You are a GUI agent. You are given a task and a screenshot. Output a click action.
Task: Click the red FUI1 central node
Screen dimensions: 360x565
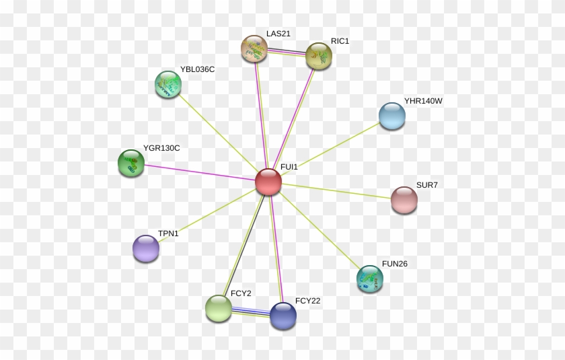tap(268, 182)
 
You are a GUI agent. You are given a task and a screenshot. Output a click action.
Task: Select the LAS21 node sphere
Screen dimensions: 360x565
tap(254, 48)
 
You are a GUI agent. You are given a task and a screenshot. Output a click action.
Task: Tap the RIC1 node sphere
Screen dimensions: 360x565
tap(319, 56)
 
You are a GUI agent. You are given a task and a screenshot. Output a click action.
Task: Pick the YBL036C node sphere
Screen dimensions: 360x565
tap(167, 84)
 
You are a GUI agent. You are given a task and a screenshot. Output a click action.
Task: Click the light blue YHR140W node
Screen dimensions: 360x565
tap(391, 116)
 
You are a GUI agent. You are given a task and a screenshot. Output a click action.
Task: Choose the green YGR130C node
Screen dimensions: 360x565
tap(131, 163)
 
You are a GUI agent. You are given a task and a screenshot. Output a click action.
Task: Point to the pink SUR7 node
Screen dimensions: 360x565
tap(404, 200)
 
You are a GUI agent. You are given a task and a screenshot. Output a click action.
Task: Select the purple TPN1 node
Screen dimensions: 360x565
tap(145, 248)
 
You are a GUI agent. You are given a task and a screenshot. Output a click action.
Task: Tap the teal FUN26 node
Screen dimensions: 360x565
tap(369, 279)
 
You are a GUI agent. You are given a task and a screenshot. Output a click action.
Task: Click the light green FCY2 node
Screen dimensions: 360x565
tap(218, 308)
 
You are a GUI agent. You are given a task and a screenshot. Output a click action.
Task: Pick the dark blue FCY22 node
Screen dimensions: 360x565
tap(282, 316)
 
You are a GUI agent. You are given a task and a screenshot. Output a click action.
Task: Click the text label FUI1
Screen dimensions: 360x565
tap(289, 166)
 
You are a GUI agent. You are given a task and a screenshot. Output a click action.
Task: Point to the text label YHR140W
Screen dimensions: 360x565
tap(423, 101)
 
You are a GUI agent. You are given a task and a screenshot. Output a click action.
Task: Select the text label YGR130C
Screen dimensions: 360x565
tap(161, 148)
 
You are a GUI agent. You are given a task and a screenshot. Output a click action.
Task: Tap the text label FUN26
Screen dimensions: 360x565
tap(394, 264)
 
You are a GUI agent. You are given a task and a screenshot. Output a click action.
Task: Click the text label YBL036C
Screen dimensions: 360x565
tap(197, 69)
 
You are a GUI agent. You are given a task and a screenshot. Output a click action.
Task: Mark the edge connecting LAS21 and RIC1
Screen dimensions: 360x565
tap(287, 52)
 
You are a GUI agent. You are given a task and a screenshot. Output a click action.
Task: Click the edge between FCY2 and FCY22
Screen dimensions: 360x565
tap(250, 312)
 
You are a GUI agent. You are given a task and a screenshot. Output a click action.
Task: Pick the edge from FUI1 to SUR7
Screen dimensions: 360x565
tap(336, 191)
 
